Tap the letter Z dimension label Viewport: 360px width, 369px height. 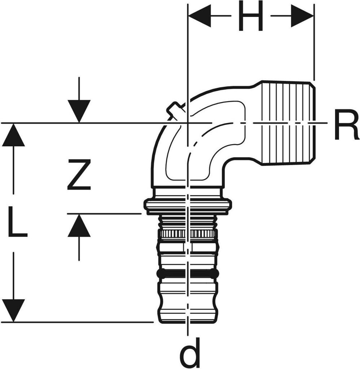pyautogui.click(x=79, y=175)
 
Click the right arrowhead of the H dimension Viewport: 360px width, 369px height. pyautogui.click(x=302, y=16)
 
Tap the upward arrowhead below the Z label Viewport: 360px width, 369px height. pyautogui.click(x=79, y=227)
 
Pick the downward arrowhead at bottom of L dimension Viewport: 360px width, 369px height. pyautogui.click(x=13, y=310)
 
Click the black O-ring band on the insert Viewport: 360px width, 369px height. pyautogui.click(x=188, y=273)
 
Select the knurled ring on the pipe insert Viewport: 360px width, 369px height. pyautogui.click(x=188, y=234)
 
